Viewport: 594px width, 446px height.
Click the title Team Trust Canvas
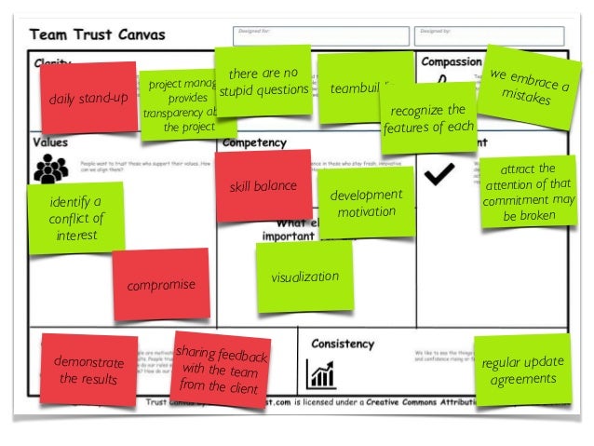point(98,35)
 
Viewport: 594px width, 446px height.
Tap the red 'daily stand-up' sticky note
point(88,97)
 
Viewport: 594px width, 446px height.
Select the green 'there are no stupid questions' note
point(263,82)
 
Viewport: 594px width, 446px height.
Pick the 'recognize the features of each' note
point(427,118)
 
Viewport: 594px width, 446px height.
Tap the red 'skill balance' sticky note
point(263,186)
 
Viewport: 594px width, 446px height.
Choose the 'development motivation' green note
point(366,203)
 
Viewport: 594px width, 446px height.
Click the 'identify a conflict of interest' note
point(75,218)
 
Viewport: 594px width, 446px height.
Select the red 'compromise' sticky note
point(161,284)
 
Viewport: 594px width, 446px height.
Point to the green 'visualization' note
point(304,277)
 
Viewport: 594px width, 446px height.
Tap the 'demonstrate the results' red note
point(88,369)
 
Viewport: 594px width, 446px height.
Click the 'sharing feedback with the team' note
point(221,368)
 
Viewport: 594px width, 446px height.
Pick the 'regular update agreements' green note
point(521,369)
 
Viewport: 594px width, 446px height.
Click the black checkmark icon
point(439,172)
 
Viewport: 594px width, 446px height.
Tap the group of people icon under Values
point(50,169)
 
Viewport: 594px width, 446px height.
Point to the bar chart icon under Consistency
point(320,374)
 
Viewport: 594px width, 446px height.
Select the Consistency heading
point(342,344)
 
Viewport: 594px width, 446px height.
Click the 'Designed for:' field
point(321,35)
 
